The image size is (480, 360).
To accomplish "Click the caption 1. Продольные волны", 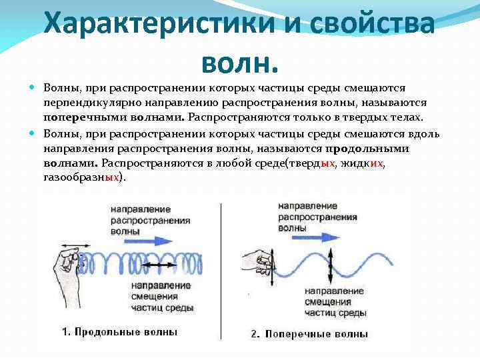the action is coord(120,331).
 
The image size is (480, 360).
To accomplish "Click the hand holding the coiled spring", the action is coord(67,267).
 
